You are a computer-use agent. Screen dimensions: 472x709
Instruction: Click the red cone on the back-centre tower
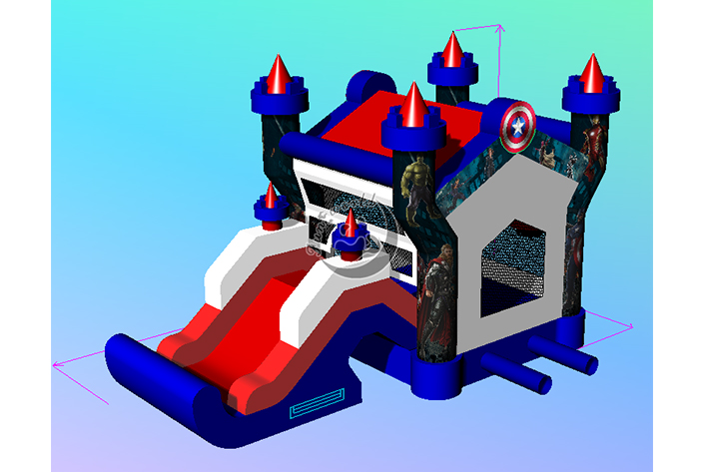pos(453,49)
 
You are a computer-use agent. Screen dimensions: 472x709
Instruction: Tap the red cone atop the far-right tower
pos(592,73)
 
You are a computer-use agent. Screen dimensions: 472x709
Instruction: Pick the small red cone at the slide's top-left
pos(270,196)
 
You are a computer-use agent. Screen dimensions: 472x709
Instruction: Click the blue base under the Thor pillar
pos(439,370)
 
